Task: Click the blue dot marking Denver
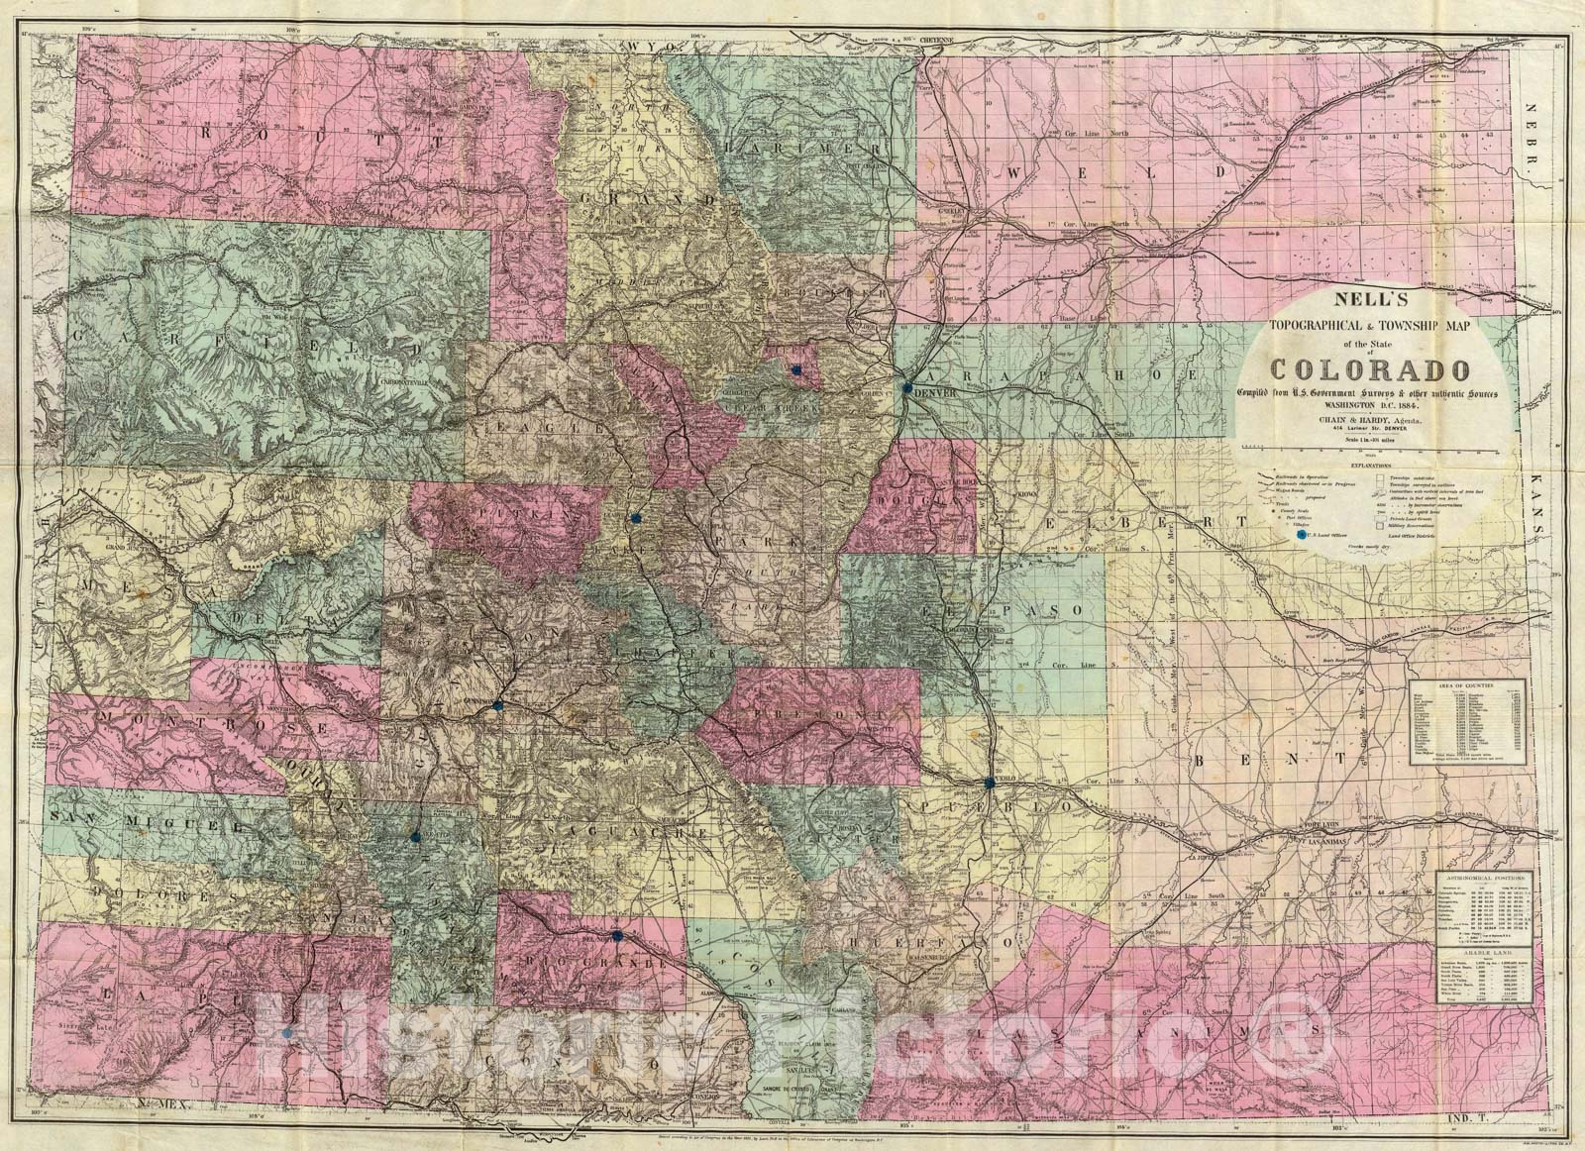tap(907, 388)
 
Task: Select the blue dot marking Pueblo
tap(990, 784)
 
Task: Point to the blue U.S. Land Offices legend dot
tap(1301, 533)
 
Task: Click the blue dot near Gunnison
tap(498, 705)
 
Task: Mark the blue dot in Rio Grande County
tap(617, 935)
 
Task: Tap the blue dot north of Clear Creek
tap(795, 369)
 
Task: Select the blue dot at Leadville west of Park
tap(636, 517)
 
